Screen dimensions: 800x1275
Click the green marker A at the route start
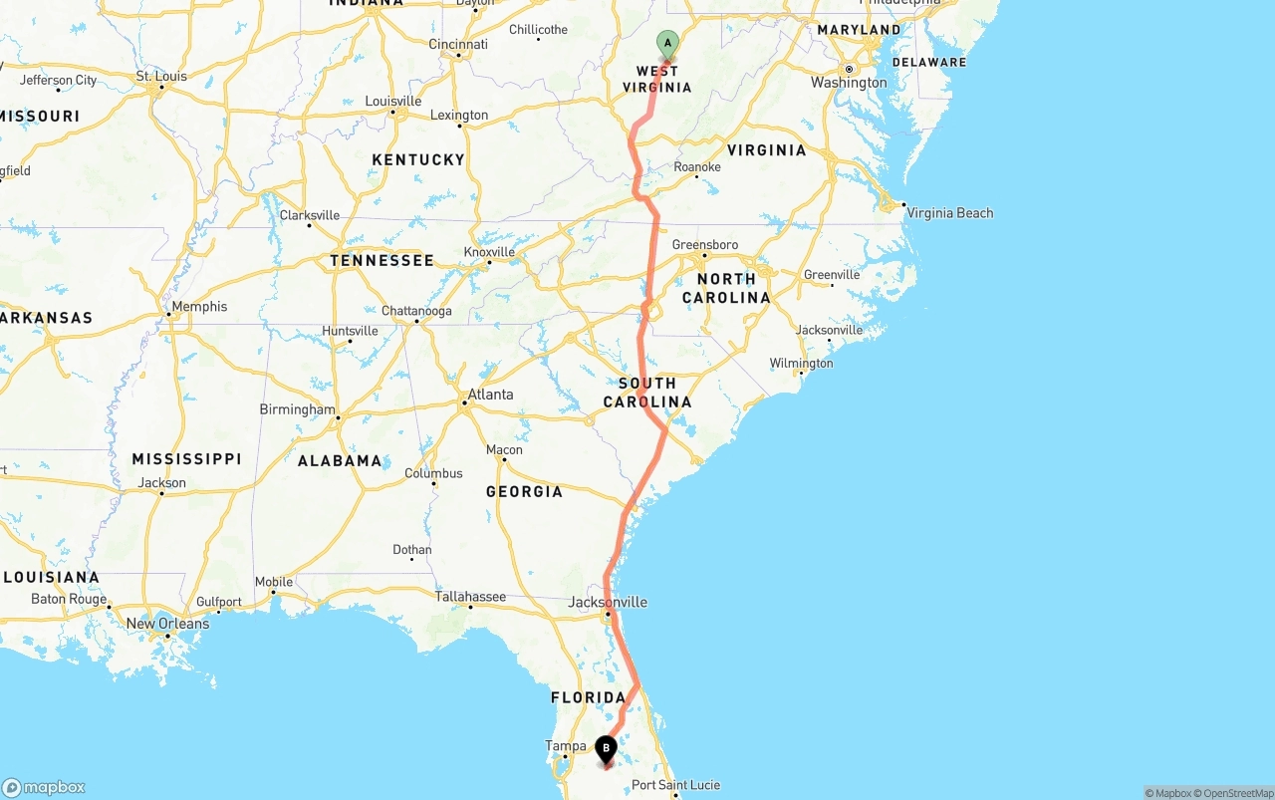(667, 44)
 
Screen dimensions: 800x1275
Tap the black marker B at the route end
(606, 748)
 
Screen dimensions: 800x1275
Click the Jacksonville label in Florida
(608, 602)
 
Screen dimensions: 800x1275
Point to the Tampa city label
(565, 745)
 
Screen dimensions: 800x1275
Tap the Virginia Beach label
(949, 212)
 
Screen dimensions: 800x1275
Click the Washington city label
(849, 83)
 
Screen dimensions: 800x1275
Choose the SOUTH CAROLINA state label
(647, 393)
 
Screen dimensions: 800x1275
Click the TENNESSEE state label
(382, 260)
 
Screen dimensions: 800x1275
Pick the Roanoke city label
(697, 166)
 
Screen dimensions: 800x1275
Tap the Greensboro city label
(705, 244)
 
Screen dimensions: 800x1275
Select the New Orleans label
(167, 624)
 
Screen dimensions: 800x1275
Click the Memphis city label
(199, 307)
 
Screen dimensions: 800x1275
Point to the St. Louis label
(162, 76)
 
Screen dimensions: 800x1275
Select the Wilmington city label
(801, 363)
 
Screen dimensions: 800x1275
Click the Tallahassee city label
(470, 597)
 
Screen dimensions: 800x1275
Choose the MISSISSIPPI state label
(186, 458)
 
